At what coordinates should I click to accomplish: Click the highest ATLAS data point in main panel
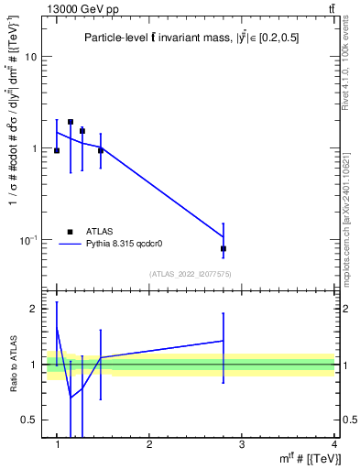(x=71, y=122)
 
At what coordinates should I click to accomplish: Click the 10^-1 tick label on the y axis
(x=27, y=239)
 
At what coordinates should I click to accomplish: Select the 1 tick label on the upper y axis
(x=34, y=148)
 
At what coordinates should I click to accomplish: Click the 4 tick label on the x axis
(x=334, y=444)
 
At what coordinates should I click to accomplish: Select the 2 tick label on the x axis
(x=149, y=444)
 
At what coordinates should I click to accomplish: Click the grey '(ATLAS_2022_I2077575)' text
(x=190, y=273)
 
